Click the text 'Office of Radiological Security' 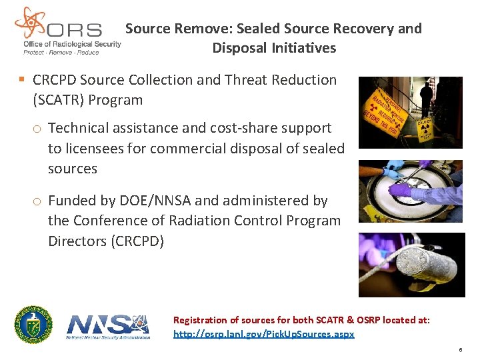tap(72, 44)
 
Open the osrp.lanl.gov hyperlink tap(264, 334)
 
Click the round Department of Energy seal tap(34, 325)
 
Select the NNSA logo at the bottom tap(108, 326)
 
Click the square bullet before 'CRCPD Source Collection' tap(22, 80)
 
